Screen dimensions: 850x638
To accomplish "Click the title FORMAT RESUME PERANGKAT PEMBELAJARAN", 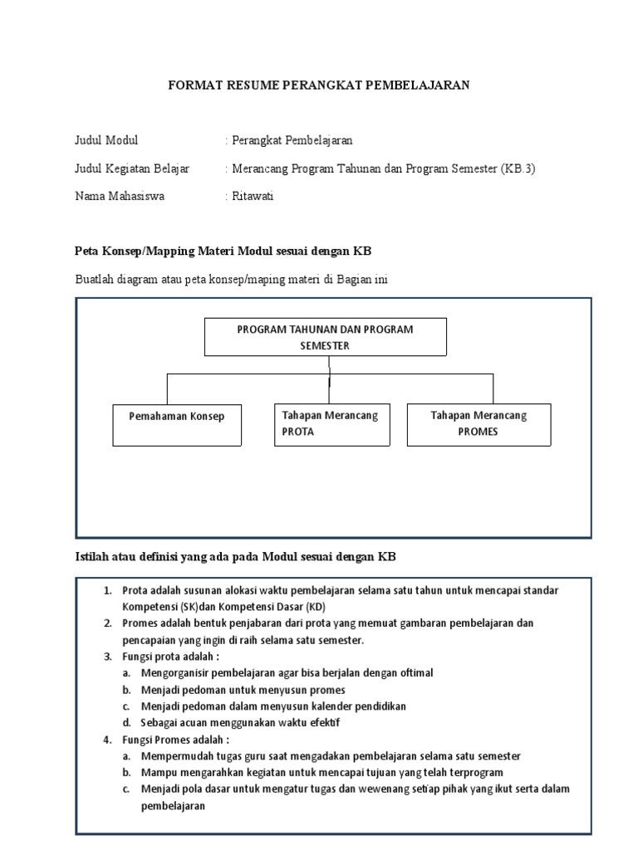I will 319,85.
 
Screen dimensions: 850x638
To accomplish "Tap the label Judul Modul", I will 106,140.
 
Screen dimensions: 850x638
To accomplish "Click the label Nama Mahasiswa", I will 120,197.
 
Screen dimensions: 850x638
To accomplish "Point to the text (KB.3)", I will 518,169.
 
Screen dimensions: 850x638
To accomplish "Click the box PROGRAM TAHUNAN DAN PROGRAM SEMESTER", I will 325,337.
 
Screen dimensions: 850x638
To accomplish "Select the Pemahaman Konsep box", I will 176,416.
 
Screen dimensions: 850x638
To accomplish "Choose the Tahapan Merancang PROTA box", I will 330,423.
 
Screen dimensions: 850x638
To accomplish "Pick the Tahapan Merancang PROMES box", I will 478,423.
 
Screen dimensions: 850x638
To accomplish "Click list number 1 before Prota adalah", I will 107,590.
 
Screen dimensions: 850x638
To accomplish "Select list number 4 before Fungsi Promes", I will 107,740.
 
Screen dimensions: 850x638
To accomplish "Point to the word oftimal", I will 411,673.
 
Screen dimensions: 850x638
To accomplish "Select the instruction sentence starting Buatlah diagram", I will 232,280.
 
